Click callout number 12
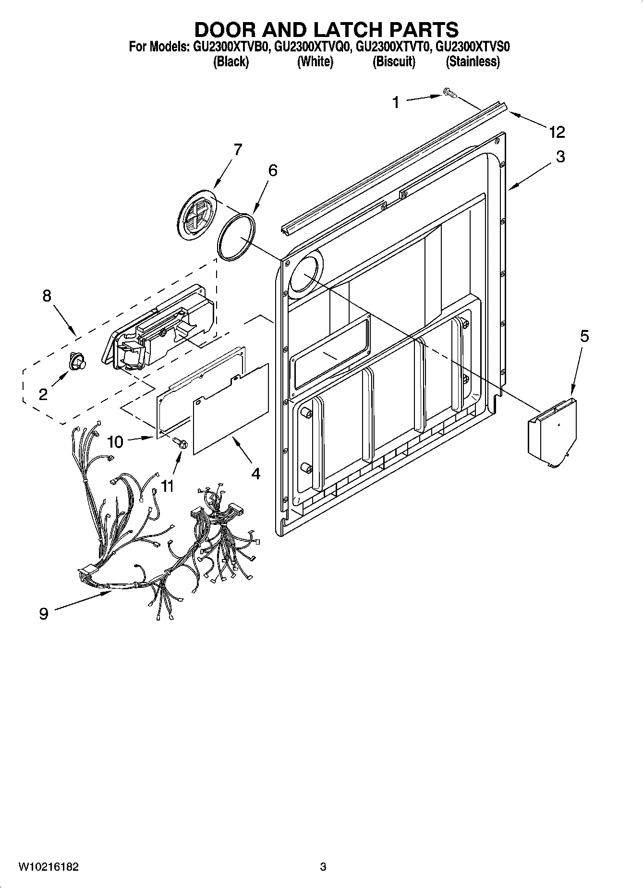point(557,132)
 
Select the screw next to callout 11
point(180,441)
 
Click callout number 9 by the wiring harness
point(44,613)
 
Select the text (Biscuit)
point(394,61)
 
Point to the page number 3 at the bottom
point(323,867)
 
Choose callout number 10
point(115,441)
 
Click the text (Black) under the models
point(231,61)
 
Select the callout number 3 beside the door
point(560,157)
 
